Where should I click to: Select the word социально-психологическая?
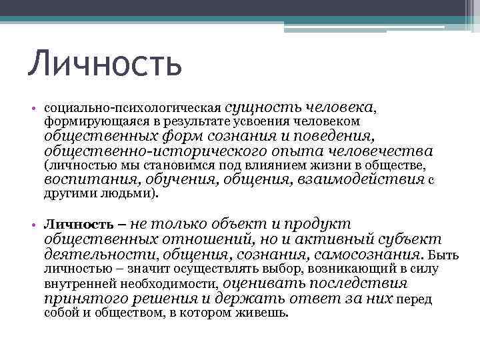click(x=133, y=107)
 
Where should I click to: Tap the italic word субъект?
click(x=410, y=239)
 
